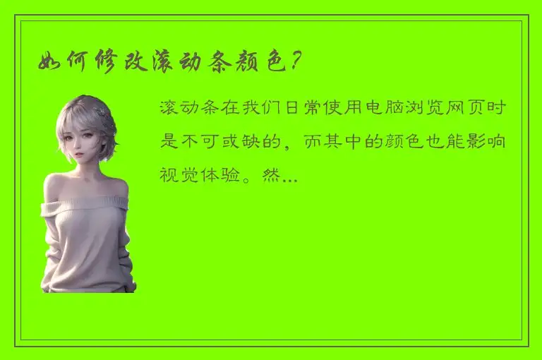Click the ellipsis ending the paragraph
click(x=289, y=175)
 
